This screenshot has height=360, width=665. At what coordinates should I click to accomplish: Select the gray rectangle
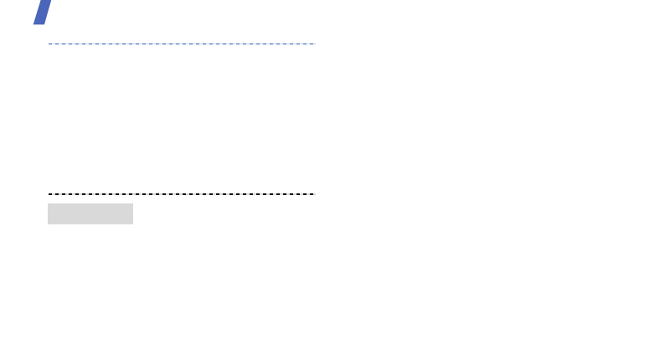pos(90,213)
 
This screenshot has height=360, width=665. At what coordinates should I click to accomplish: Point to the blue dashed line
pos(181,43)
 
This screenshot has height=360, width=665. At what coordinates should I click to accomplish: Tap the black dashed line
pos(181,193)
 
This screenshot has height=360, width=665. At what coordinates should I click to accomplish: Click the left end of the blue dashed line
pos(49,43)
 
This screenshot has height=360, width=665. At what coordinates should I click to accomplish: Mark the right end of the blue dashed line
pos(313,43)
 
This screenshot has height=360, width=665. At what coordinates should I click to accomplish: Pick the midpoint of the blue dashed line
pos(181,43)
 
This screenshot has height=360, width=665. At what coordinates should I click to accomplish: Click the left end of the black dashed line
pos(49,193)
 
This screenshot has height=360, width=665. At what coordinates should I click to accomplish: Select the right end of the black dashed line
pos(313,193)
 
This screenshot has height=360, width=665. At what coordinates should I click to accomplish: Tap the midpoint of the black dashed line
pos(181,193)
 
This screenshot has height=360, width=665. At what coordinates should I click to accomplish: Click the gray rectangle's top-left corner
pos(48,203)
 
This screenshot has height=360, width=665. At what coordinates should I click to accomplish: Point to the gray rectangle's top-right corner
pos(133,203)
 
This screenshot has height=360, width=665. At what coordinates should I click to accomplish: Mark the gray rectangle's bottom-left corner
pos(48,224)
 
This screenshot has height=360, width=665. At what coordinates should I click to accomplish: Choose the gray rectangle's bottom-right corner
pos(133,224)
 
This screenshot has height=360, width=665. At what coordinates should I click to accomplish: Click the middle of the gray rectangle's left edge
pos(48,213)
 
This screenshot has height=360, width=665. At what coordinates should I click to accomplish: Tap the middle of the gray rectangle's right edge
pos(133,213)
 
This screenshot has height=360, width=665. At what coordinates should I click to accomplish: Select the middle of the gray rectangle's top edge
pos(90,203)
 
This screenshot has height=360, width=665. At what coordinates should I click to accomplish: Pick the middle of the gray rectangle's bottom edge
pos(90,224)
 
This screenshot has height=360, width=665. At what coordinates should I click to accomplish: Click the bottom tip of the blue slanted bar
pos(37,23)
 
